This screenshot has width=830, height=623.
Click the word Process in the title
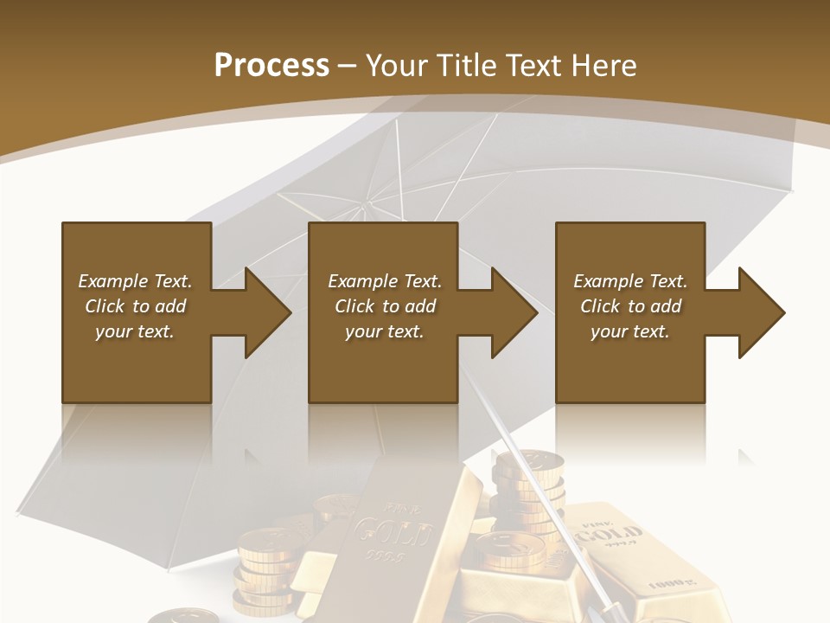point(271,66)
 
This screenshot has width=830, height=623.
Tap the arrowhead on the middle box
point(514,312)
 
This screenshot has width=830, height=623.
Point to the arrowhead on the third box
point(761,312)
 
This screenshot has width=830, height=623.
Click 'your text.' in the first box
point(135,331)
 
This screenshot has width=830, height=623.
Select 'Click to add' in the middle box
point(385,306)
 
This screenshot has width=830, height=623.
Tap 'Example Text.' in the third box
point(630,281)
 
